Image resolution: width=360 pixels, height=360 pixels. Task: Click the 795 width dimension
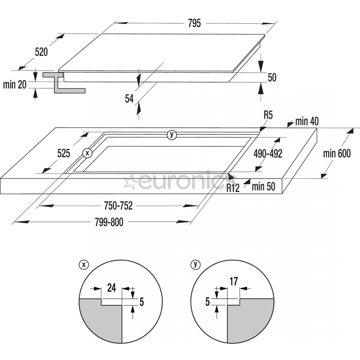(x=194, y=23)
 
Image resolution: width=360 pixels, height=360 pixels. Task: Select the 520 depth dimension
(x=41, y=52)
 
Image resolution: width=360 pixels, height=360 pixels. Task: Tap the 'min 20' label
(x=15, y=85)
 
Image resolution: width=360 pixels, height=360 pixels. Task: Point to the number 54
(x=129, y=99)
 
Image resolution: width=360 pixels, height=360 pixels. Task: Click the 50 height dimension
(x=272, y=78)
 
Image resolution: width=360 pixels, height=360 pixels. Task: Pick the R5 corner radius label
(x=268, y=115)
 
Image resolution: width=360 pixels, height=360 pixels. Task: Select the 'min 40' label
(x=307, y=121)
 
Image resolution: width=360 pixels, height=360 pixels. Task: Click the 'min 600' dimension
(x=337, y=154)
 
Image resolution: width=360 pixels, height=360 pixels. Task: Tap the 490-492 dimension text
(x=268, y=154)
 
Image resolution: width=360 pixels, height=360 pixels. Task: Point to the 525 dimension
(x=64, y=153)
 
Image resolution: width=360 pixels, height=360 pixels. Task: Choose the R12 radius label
(x=233, y=188)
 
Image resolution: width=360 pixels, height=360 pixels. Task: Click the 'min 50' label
(x=264, y=186)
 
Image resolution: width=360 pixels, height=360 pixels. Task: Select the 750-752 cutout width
(x=118, y=206)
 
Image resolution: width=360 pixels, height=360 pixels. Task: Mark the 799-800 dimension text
(x=109, y=222)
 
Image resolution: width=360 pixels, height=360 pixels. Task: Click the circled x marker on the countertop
(x=87, y=153)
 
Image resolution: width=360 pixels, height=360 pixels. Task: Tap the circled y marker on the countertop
(x=172, y=135)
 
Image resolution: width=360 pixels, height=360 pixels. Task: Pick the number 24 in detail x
(x=112, y=288)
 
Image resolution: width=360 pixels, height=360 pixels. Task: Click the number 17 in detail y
(x=234, y=282)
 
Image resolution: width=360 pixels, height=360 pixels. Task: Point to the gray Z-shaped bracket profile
(x=64, y=83)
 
